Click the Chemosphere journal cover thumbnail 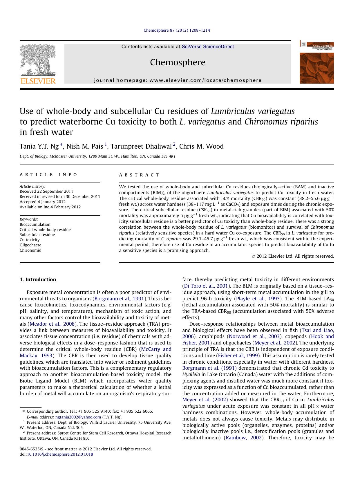[x=317, y=62]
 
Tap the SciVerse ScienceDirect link [x=208, y=47]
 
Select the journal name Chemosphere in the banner [x=178, y=62]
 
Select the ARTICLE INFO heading [x=48, y=175]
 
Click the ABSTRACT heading [x=139, y=175]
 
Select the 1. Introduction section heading [x=38, y=279]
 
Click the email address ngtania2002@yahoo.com [x=78, y=417]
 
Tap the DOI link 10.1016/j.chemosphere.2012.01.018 [x=60, y=454]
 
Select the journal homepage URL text [x=178, y=80]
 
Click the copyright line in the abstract [x=292, y=256]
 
